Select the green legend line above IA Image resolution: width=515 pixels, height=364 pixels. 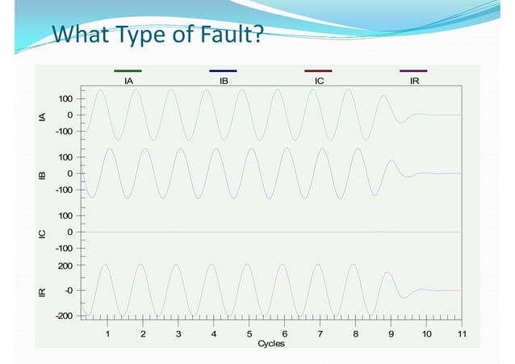tap(128, 71)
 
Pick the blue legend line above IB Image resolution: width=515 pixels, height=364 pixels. tap(223, 71)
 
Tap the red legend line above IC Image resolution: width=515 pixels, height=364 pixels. tap(318, 71)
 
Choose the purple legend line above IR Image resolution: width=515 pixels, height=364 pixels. tap(413, 71)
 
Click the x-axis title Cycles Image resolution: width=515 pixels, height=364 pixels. tap(270, 344)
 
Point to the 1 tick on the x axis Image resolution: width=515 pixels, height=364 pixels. tap(107, 333)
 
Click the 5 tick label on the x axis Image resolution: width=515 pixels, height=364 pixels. tap(249, 333)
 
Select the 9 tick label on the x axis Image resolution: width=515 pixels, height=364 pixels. tap(391, 333)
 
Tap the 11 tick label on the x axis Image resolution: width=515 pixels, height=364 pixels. tap(461, 333)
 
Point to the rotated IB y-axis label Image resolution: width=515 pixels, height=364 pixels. tap(42, 174)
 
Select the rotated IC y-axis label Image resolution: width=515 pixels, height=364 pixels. tap(42, 233)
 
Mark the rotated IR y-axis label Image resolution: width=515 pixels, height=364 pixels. tap(42, 291)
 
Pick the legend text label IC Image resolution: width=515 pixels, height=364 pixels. tap(319, 81)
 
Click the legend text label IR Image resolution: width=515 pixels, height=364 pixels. tap(414, 81)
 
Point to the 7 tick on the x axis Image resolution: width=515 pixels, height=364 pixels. tap(320, 333)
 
